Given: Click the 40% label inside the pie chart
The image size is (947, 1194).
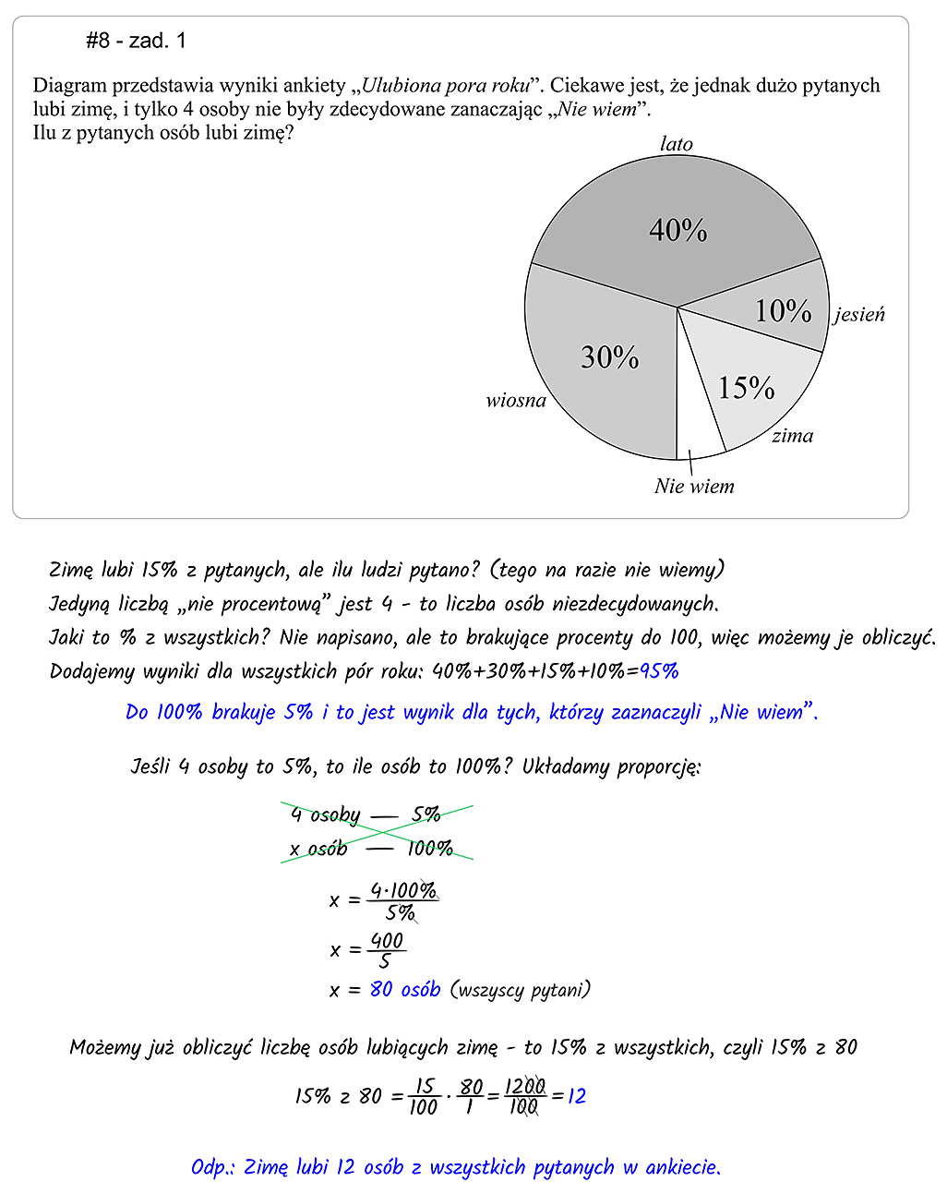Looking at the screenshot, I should click(x=678, y=230).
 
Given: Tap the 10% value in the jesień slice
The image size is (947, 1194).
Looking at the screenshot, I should click(x=783, y=311).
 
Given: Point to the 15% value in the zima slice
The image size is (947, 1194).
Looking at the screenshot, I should click(x=746, y=388).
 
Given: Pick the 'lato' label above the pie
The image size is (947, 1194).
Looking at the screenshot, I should click(x=677, y=144).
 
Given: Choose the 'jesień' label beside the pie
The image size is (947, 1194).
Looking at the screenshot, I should click(x=859, y=315).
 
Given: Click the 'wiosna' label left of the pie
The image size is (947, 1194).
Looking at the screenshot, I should click(x=516, y=401).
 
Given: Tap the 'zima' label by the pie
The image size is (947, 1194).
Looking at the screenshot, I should click(x=793, y=436).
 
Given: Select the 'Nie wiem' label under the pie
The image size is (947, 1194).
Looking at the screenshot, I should click(x=694, y=487).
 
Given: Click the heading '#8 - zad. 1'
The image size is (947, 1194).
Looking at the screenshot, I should click(x=136, y=41).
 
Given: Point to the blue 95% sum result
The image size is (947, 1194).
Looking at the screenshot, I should click(x=659, y=671).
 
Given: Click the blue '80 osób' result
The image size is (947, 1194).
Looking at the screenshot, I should click(x=405, y=990).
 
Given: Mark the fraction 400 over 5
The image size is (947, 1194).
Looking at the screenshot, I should click(x=387, y=950).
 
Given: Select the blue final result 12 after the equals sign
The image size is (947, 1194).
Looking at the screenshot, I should click(x=577, y=1096).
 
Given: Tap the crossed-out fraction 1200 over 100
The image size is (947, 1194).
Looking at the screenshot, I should click(x=524, y=1096).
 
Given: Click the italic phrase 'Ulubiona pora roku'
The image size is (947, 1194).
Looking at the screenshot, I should click(x=446, y=86).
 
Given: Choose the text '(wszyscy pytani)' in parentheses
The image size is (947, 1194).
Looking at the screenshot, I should click(x=521, y=990).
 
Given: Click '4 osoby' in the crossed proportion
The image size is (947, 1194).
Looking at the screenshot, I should click(x=325, y=814).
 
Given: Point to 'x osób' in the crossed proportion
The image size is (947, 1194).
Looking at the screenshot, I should click(x=318, y=849).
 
